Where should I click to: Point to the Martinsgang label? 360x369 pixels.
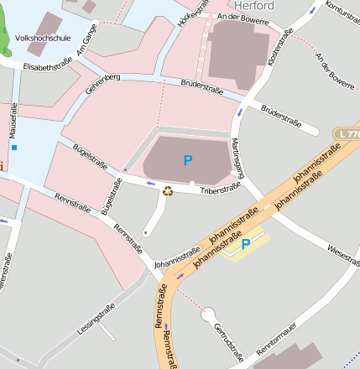point(237,157)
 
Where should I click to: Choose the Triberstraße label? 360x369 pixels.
point(222,192)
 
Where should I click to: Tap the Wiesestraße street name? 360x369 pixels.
point(344,252)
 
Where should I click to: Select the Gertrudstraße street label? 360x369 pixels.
point(227,344)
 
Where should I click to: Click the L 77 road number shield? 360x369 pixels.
point(346,133)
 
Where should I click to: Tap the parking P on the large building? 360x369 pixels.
point(187,159)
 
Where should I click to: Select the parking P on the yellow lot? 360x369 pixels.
point(246,244)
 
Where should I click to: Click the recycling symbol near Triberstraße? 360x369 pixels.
point(167,190)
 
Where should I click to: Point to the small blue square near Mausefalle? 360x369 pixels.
point(14,148)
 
